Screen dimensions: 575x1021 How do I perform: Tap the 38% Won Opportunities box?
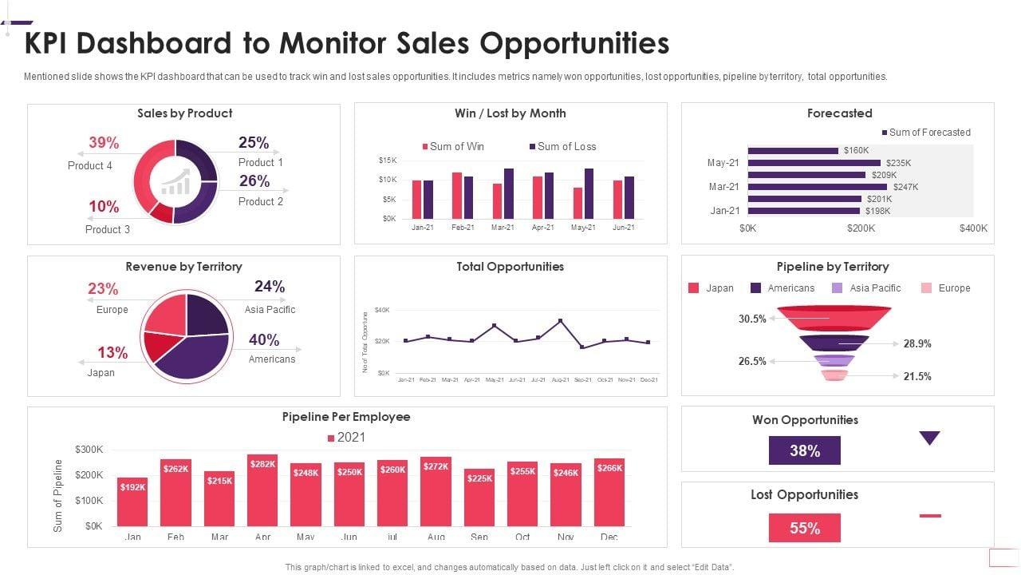coord(804,450)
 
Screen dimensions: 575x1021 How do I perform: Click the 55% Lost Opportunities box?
coord(804,528)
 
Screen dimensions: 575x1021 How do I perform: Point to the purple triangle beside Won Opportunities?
coord(929,438)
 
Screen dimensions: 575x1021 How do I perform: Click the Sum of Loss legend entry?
coord(562,147)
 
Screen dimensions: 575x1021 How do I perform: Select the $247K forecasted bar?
coord(817,187)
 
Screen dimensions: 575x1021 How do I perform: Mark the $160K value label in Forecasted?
coord(856,150)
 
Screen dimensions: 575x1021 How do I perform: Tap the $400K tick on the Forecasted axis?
coord(972,228)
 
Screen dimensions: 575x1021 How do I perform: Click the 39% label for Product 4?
coord(104,143)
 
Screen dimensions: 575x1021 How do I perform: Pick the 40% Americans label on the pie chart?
coord(264,340)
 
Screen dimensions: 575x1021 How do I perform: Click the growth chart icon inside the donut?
coord(175,182)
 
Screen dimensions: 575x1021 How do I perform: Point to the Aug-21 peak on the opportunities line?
coord(561,321)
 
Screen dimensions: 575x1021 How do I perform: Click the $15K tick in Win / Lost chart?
coord(388,161)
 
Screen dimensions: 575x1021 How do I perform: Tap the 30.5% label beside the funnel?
coord(752,319)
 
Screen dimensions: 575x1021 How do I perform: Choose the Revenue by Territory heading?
coord(183,267)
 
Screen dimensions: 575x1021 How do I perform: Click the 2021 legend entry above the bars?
coord(346,438)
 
